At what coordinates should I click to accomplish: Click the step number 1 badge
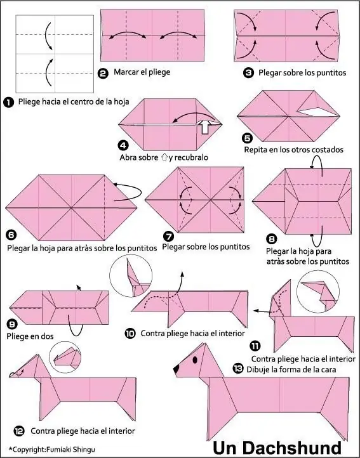9,103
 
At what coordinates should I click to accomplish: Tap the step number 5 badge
248,138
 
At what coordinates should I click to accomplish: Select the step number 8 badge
271,239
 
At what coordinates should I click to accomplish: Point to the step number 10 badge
130,333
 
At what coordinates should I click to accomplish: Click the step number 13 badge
238,369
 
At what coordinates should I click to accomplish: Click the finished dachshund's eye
195,360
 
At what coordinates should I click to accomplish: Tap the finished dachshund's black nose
176,369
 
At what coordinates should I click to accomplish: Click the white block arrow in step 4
206,126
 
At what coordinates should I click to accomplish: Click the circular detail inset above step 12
65,357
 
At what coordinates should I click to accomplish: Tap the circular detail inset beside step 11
318,291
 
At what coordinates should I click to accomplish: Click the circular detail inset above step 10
131,276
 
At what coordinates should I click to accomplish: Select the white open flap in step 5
316,112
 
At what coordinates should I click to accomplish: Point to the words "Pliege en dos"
30,336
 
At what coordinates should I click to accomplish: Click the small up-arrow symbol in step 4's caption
164,157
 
